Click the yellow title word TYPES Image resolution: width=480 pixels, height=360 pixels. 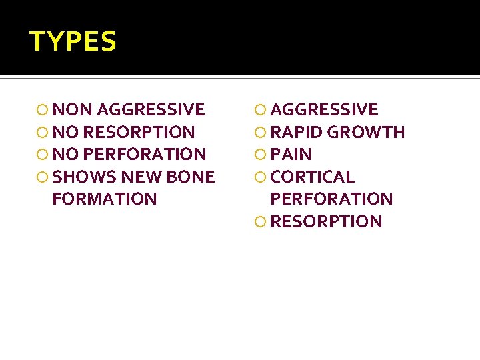click(73, 42)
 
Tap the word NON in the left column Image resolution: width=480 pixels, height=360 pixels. click(73, 109)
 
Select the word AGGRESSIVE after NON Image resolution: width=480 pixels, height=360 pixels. click(151, 109)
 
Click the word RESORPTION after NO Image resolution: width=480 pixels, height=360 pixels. click(139, 132)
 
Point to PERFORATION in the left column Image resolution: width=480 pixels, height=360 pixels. click(145, 154)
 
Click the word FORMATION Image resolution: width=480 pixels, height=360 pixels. click(104, 199)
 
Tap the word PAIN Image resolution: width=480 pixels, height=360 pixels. click(291, 154)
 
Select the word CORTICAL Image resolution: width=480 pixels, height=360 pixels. click(313, 177)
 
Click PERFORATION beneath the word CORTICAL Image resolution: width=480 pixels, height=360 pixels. click(331, 199)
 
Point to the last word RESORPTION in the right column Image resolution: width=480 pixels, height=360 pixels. click(327, 221)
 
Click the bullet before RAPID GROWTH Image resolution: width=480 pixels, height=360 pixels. click(261, 133)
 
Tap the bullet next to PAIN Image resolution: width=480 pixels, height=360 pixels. click(261, 155)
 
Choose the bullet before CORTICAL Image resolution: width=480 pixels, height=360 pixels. click(261, 177)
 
